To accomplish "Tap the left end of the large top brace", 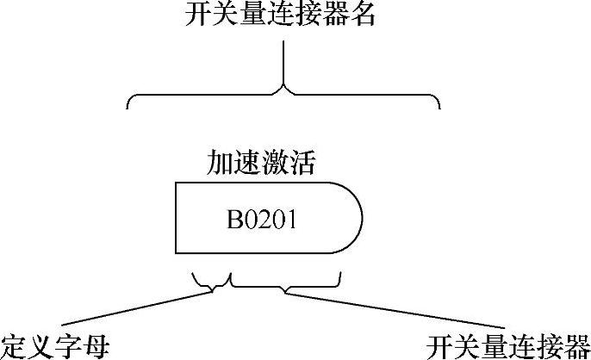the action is click(x=129, y=105).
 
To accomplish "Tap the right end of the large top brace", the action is click(x=439, y=105).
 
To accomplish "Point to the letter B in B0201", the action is click(x=233, y=220).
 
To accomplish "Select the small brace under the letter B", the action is click(x=213, y=282).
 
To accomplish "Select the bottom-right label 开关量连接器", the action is click(x=507, y=346).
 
